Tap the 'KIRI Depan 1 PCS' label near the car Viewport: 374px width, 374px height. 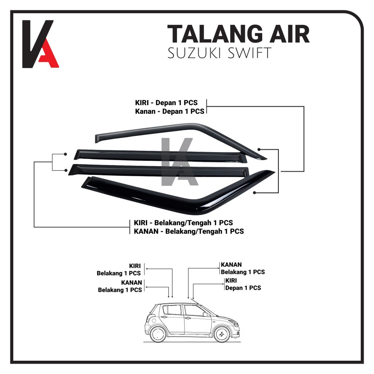click(243, 284)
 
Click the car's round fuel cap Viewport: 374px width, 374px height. click(152, 320)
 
